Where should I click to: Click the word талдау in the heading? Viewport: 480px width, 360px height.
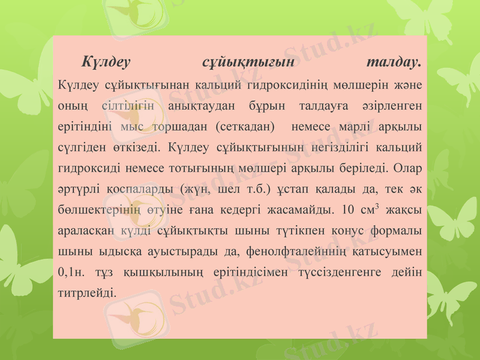tap(393, 62)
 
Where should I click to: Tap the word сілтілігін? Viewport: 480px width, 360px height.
tap(131, 106)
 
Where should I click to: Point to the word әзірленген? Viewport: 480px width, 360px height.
tap(391, 106)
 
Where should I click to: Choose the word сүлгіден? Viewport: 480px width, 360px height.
tap(80, 148)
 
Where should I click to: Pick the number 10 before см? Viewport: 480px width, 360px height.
tap(346, 211)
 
